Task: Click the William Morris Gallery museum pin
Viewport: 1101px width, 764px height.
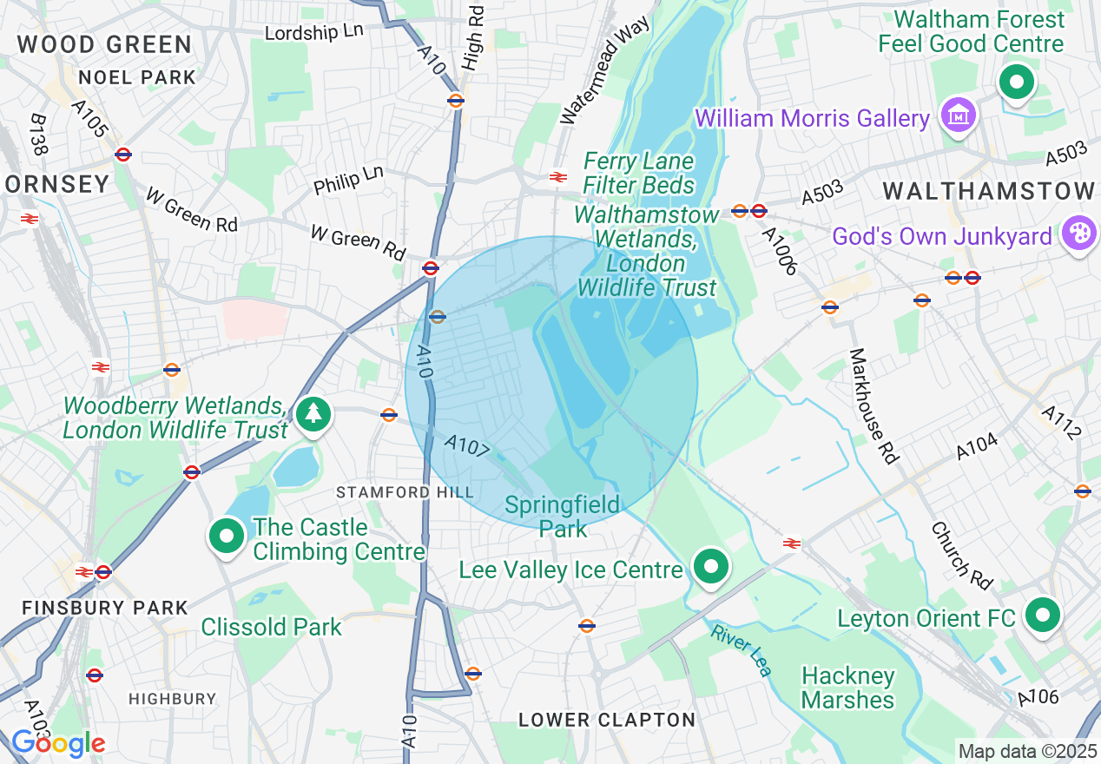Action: pyautogui.click(x=958, y=115)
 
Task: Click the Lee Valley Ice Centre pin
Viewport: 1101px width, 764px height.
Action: pyautogui.click(x=711, y=568)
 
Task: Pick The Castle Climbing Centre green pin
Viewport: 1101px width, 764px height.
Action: pyautogui.click(x=227, y=537)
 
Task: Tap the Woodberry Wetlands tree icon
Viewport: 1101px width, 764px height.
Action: pyautogui.click(x=313, y=414)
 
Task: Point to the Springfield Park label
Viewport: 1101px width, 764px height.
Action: pyautogui.click(x=563, y=517)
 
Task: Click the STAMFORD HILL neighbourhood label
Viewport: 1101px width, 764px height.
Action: pyautogui.click(x=405, y=492)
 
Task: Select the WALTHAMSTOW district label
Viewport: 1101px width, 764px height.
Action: pyautogui.click(x=989, y=192)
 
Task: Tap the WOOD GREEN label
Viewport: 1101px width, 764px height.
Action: pyautogui.click(x=104, y=44)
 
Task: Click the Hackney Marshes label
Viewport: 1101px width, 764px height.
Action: pyautogui.click(x=847, y=688)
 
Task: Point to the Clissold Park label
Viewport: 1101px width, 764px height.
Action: pyautogui.click(x=271, y=627)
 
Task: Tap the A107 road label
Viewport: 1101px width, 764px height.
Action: pyautogui.click(x=468, y=447)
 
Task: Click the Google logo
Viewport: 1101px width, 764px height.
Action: pyautogui.click(x=57, y=742)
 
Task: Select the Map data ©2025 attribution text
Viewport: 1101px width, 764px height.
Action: pyautogui.click(x=1025, y=750)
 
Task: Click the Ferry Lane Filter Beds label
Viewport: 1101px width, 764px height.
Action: pyautogui.click(x=639, y=173)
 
